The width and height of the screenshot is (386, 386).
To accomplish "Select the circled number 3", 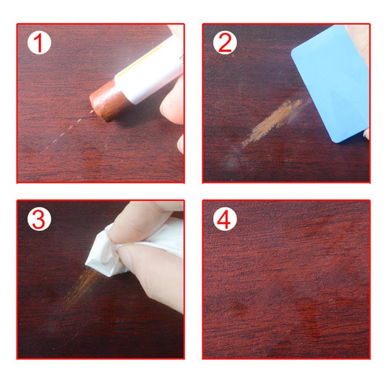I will (39, 219).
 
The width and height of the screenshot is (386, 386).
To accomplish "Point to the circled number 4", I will (225, 219).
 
